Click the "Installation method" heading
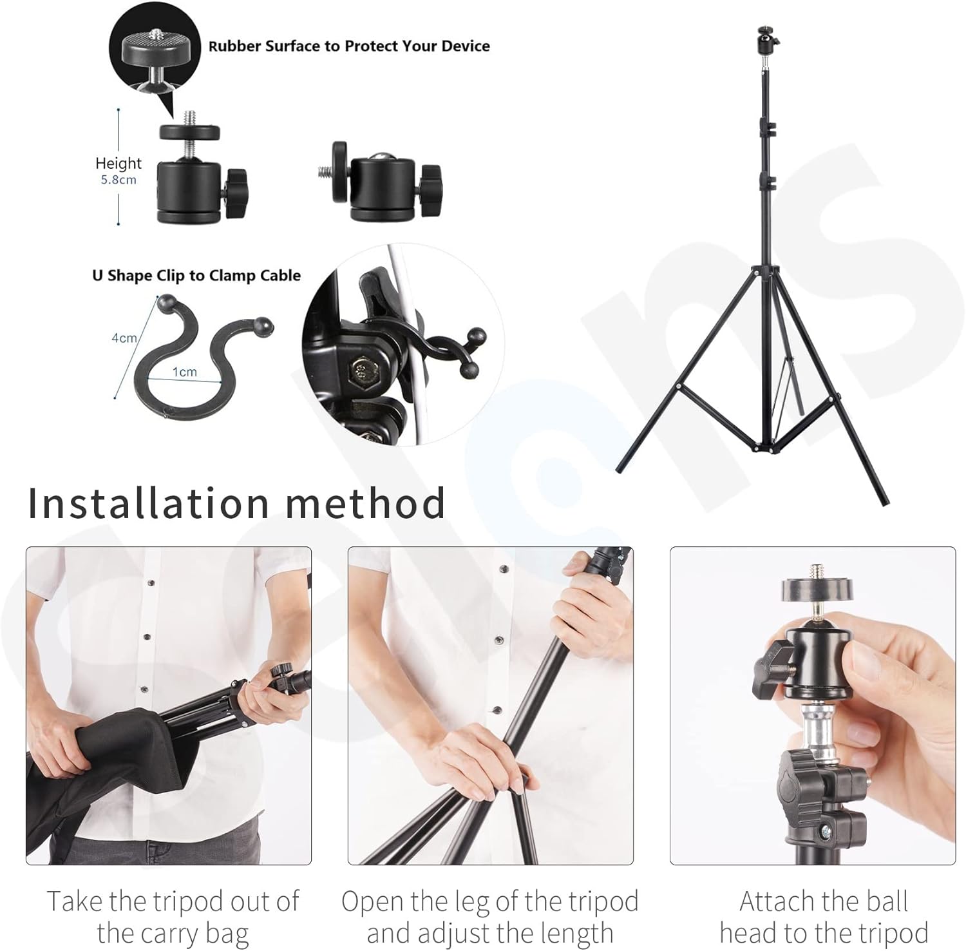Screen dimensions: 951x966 [236, 503]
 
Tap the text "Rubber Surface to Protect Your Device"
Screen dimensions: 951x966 [349, 46]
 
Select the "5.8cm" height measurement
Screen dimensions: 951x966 [118, 180]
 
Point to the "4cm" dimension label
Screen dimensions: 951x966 [124, 338]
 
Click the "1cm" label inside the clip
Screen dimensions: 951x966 [184, 372]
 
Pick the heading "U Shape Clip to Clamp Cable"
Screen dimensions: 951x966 [196, 276]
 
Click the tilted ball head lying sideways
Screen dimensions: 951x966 [380, 182]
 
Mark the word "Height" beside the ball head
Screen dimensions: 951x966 [118, 163]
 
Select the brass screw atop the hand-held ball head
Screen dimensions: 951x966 [815, 570]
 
